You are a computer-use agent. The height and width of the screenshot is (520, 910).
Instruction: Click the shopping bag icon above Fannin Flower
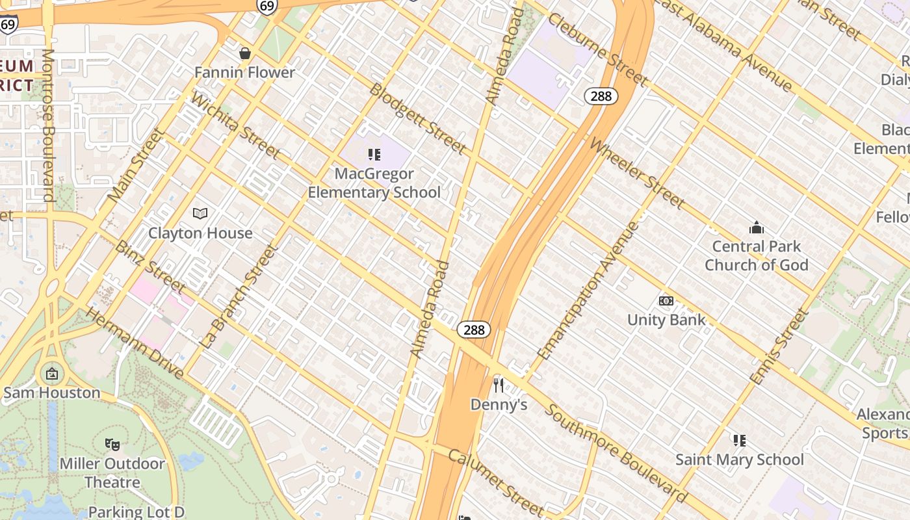(x=245, y=53)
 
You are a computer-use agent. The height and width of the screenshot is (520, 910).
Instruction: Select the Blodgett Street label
(x=417, y=119)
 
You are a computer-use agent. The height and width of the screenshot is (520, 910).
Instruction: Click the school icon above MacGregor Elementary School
(x=374, y=155)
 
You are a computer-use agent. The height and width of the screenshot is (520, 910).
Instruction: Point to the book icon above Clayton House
(x=200, y=213)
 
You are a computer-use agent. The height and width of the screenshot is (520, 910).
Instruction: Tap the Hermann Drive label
(x=135, y=343)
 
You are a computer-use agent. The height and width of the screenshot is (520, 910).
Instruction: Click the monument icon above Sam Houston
(x=51, y=374)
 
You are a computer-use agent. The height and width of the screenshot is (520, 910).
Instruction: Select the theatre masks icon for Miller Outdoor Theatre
(x=112, y=445)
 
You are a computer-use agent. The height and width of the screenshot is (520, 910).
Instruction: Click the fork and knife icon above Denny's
(x=499, y=385)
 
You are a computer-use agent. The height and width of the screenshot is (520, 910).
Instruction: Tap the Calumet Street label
(x=495, y=480)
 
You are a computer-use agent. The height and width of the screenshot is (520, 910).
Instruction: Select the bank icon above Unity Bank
(x=666, y=301)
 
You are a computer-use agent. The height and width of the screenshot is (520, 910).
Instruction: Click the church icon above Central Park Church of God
(x=756, y=227)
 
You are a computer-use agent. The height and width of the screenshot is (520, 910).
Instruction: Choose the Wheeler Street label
(x=637, y=174)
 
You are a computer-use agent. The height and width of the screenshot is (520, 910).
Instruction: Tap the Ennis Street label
(x=779, y=345)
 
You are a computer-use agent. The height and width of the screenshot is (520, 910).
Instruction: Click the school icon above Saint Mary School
(x=739, y=441)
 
